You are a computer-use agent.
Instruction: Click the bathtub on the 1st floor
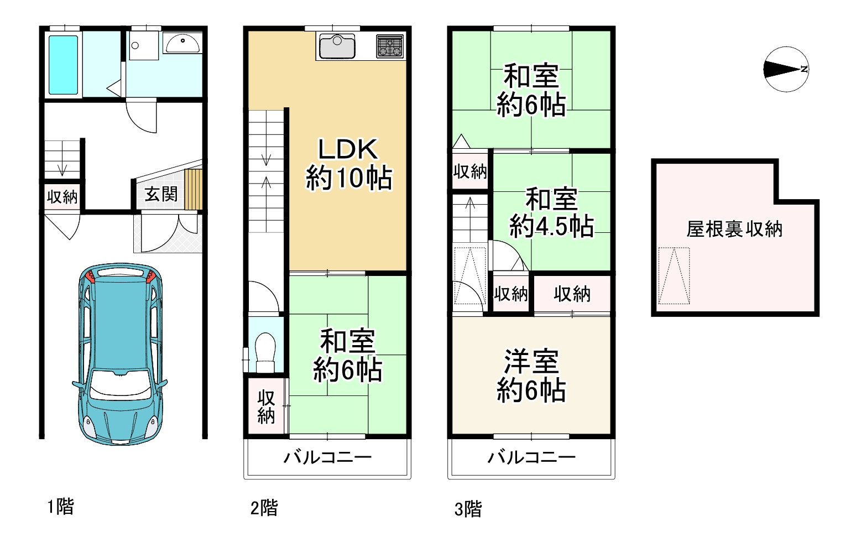(x=64, y=65)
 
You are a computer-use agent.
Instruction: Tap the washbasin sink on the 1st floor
(x=182, y=43)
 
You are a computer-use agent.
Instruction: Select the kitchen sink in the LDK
(x=337, y=46)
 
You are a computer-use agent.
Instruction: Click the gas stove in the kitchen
(x=390, y=46)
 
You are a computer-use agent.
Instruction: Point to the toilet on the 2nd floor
(x=265, y=352)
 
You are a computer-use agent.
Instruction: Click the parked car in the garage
(x=120, y=353)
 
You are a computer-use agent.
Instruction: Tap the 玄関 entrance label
(x=161, y=194)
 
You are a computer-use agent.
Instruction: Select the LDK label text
(x=348, y=149)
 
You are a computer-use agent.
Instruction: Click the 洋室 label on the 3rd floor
(x=531, y=361)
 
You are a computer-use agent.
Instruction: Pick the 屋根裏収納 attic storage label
(x=734, y=230)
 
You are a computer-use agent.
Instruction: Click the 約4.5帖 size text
(x=551, y=226)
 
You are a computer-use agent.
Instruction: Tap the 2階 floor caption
(x=264, y=508)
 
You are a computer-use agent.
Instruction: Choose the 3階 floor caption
(x=468, y=509)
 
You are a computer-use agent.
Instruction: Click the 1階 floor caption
(x=60, y=507)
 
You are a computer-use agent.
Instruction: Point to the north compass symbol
(x=786, y=69)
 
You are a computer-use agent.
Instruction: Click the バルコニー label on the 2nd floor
(x=327, y=457)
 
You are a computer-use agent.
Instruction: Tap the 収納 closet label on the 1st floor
(x=62, y=197)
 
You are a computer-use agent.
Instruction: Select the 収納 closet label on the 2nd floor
(x=266, y=407)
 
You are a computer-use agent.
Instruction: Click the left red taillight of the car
(x=91, y=276)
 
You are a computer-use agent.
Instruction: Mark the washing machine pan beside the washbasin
(x=144, y=45)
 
